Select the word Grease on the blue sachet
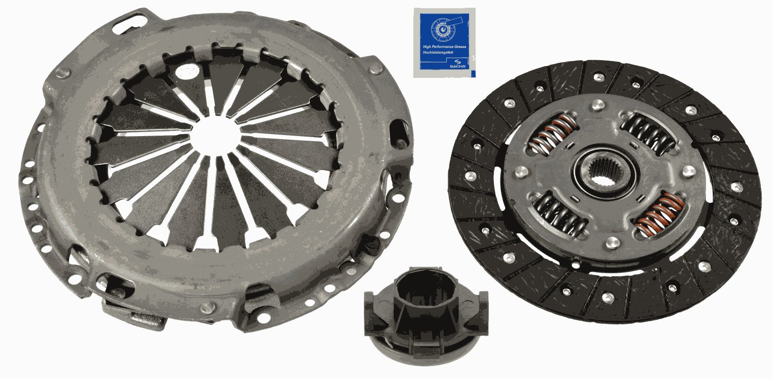coord(460,47)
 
